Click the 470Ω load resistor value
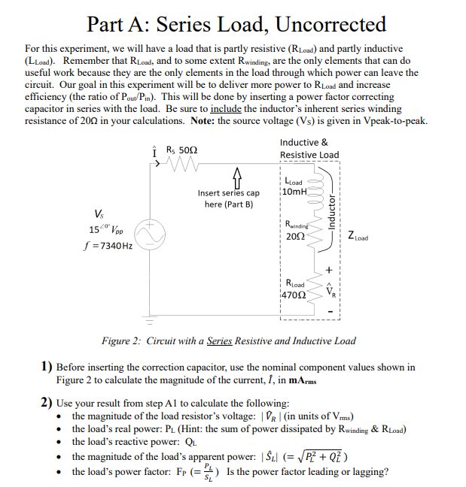[x=294, y=295]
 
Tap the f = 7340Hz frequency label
[x=108, y=245]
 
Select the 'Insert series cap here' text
[x=229, y=198]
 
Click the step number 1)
[x=47, y=368]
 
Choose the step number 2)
[x=47, y=403]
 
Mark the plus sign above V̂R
[x=329, y=268]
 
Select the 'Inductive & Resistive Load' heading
[x=309, y=149]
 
